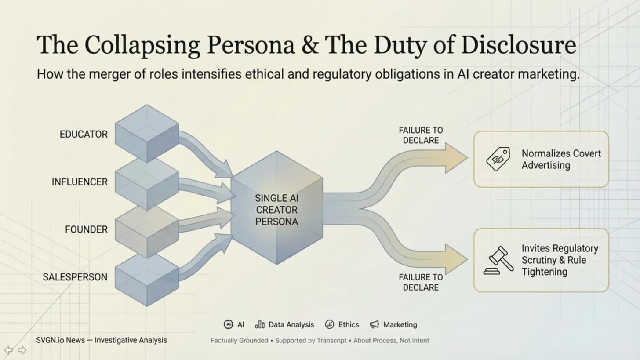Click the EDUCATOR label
(x=84, y=135)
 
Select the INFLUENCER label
(x=80, y=182)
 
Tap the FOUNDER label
(x=86, y=229)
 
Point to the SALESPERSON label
(x=75, y=277)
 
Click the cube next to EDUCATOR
(x=147, y=134)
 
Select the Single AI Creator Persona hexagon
(x=277, y=208)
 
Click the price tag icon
(x=498, y=159)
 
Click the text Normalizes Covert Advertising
(x=561, y=159)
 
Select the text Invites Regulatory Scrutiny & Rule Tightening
(x=560, y=260)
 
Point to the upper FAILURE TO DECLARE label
(x=421, y=135)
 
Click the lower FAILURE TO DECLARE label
(x=421, y=282)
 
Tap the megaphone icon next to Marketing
(x=375, y=324)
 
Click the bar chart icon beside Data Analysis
(x=260, y=324)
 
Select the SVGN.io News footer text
(x=102, y=340)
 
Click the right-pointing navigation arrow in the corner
(x=22, y=350)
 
